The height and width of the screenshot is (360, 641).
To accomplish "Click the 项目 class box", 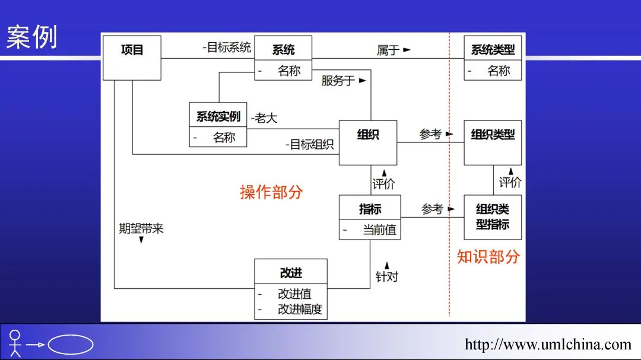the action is [x=132, y=58].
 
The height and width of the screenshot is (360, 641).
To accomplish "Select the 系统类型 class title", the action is [x=493, y=50].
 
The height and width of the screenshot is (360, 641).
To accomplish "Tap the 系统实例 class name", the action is [x=218, y=116].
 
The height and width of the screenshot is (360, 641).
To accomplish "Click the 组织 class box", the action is [x=368, y=142].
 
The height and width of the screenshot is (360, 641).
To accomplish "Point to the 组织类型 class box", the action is [x=493, y=142].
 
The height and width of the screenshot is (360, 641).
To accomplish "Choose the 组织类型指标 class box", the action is [x=493, y=217].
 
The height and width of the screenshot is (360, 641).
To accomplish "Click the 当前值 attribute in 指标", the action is [x=379, y=230].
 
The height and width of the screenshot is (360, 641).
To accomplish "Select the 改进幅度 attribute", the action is [x=302, y=309].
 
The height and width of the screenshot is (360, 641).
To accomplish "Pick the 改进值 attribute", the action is [x=294, y=294].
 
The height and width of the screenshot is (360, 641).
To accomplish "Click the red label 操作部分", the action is [x=271, y=192].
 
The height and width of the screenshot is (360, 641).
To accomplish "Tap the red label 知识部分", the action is [x=488, y=256].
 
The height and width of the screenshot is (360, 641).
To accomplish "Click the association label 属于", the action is [x=389, y=50].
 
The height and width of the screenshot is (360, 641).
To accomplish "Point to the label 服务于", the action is [x=339, y=80].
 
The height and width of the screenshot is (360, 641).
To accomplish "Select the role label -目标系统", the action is [x=226, y=48].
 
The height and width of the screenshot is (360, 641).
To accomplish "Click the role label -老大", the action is [x=264, y=118].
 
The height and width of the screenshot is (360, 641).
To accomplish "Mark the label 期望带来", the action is [x=141, y=228].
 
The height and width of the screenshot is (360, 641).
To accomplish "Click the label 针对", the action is [x=387, y=276].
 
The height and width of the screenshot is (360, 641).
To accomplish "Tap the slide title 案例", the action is [x=31, y=37].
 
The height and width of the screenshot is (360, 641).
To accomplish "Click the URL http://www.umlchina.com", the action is [x=548, y=345].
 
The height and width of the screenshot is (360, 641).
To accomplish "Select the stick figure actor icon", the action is [x=15, y=343].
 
